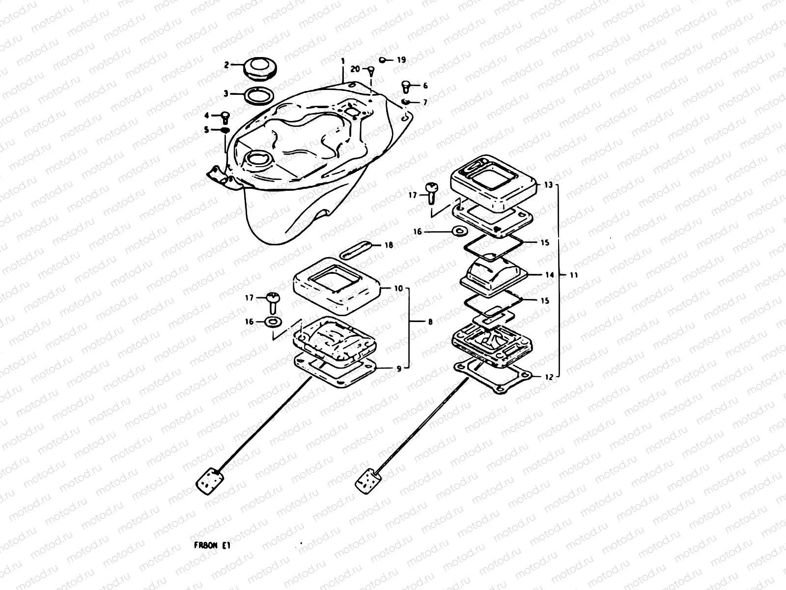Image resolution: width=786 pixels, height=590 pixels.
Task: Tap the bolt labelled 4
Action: click(x=225, y=117)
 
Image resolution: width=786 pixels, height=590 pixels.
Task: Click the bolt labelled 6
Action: click(x=406, y=87)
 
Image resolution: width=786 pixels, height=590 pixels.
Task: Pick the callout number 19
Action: click(x=401, y=60)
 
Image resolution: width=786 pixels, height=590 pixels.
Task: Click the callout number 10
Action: click(x=398, y=288)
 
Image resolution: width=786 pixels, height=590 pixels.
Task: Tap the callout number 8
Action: click(x=430, y=322)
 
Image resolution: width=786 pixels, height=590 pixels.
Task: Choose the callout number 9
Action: click(x=399, y=368)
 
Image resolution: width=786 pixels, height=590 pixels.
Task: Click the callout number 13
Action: click(x=548, y=185)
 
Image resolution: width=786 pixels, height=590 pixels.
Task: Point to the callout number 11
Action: click(x=573, y=275)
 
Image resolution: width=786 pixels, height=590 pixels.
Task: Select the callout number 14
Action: click(x=549, y=275)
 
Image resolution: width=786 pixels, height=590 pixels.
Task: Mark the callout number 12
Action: click(x=549, y=377)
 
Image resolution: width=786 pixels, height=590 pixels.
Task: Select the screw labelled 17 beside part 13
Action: click(x=431, y=192)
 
